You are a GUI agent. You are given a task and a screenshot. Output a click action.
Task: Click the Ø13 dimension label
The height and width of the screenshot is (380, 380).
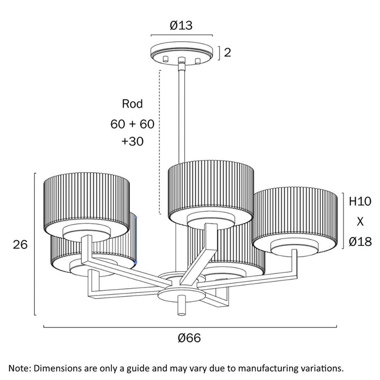click(x=181, y=25)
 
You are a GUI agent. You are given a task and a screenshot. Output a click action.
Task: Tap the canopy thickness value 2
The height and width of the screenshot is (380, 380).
click(x=227, y=53)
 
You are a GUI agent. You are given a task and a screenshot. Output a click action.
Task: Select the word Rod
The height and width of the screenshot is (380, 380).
click(x=132, y=104)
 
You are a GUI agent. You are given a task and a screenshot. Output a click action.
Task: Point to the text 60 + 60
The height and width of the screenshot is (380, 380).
click(x=132, y=124)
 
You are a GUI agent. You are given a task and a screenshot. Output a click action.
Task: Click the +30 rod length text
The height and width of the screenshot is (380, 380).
click(x=132, y=141)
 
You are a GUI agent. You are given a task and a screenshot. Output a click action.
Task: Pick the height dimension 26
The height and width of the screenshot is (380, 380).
click(x=20, y=244)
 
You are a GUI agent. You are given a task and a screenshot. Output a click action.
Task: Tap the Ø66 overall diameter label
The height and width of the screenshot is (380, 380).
click(x=189, y=338)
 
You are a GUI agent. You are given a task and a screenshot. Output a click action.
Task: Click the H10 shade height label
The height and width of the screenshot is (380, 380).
click(x=360, y=201)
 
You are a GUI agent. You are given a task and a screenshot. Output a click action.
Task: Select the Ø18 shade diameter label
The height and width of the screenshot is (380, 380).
click(x=360, y=242)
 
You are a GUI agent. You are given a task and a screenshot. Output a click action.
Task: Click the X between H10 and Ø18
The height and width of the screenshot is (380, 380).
click(x=360, y=222)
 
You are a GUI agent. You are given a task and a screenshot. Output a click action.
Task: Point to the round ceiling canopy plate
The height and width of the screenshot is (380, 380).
click(x=182, y=53)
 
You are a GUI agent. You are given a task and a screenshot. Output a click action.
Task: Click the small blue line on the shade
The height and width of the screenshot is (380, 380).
click(x=136, y=240)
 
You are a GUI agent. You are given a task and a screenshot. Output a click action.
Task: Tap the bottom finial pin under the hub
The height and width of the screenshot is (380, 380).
click(x=182, y=305)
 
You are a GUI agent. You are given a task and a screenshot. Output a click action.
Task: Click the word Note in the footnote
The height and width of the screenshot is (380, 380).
click(x=20, y=368)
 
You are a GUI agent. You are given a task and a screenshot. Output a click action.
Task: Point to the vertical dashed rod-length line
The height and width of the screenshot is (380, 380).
click(x=160, y=142)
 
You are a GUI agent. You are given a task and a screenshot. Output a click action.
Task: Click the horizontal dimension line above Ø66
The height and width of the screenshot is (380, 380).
click(x=190, y=327)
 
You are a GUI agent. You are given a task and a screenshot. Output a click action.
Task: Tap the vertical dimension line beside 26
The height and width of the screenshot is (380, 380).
click(x=35, y=244)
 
